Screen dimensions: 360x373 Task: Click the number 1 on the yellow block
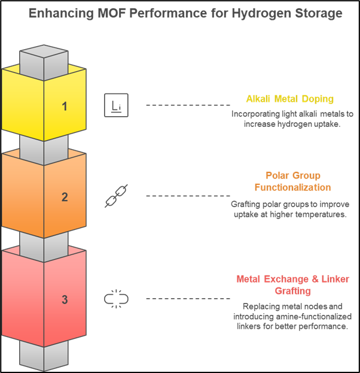pos(65,107)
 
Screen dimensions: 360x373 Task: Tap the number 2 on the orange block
pos(65,197)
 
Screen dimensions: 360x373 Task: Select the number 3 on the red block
pos(65,299)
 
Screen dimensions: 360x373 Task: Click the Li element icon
pos(116,105)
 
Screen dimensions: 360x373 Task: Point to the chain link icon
pos(116,196)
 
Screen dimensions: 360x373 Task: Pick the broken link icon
pos(116,299)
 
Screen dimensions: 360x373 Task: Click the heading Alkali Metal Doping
pos(290,99)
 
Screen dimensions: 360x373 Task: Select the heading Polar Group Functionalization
pos(293,181)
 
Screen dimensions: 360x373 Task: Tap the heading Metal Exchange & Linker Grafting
pos(293,285)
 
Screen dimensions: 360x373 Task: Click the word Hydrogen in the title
pos(261,13)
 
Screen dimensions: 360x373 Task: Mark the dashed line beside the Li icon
pos(188,105)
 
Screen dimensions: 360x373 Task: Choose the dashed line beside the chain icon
pos(188,196)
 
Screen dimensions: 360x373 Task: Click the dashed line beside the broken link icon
pos(188,299)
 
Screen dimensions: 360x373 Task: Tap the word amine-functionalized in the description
pos(314,316)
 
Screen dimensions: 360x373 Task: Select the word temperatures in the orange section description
pos(321,214)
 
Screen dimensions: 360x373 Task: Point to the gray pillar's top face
pos(44,51)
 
